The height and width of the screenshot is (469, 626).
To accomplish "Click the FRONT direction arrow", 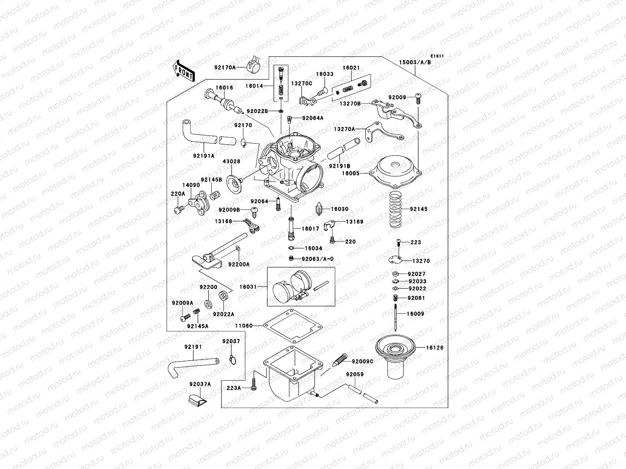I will pos(183,70).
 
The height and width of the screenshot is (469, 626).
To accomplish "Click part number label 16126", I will pos(435,347).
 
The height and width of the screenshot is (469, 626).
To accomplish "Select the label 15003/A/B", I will pos(415,62).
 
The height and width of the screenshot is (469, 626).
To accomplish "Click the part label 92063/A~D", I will pos(318,258).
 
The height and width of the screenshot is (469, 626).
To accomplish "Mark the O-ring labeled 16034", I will pos(291,249).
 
